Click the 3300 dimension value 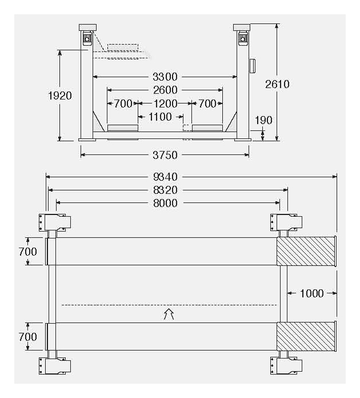[165, 77]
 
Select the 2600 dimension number [165, 90]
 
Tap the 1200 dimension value [165, 104]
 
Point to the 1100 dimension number [160, 117]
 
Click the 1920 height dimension [60, 95]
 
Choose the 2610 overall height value [277, 84]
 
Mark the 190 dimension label [263, 120]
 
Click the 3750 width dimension [165, 155]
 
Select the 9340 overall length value [165, 177]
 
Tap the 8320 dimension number [165, 190]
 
